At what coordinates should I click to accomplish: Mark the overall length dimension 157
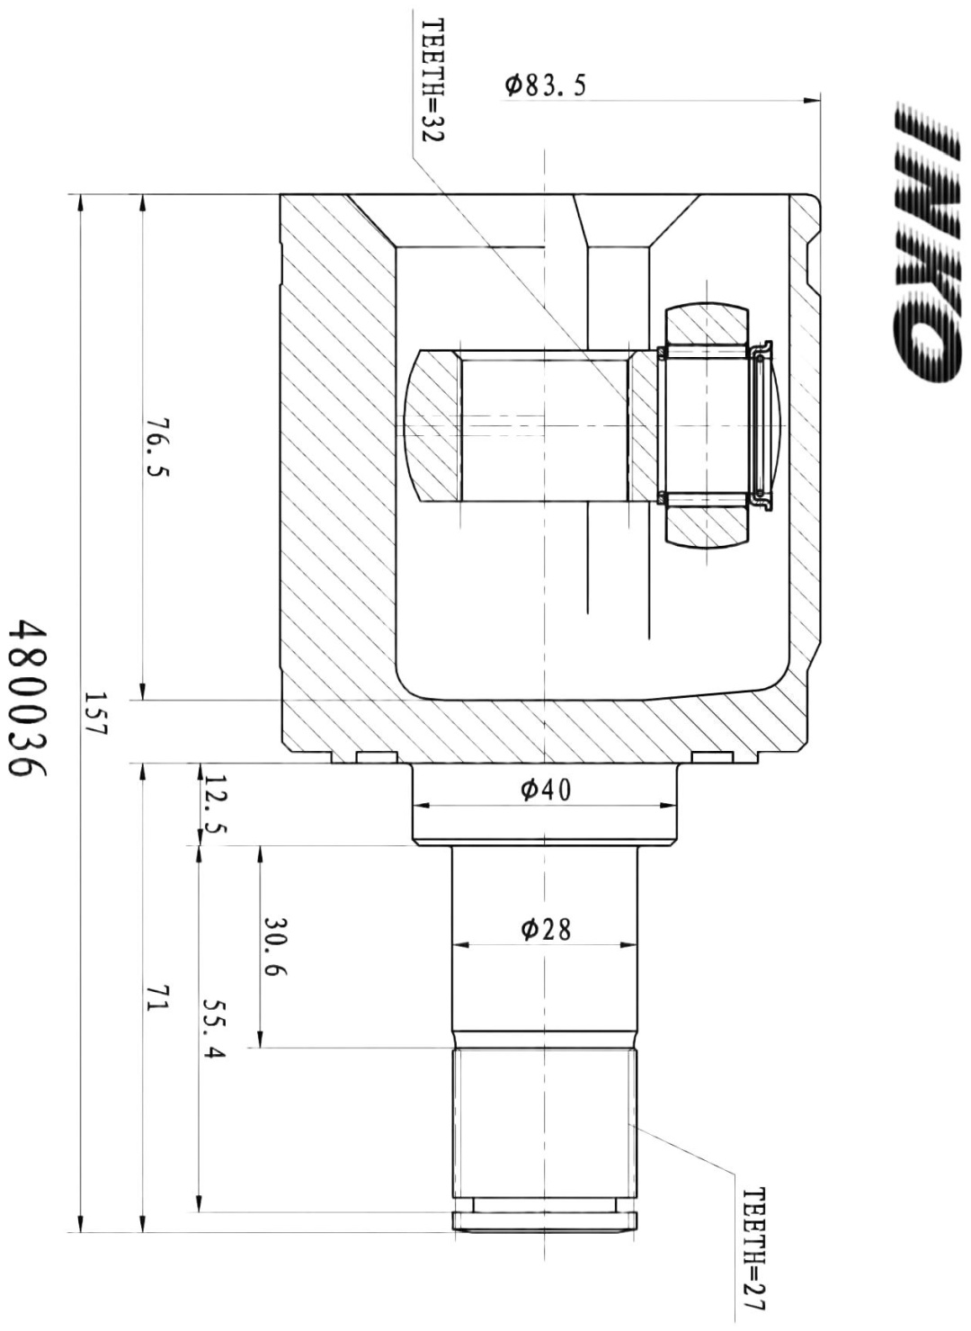[x=94, y=714]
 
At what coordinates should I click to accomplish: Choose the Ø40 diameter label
[x=545, y=789]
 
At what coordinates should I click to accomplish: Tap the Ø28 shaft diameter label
[x=545, y=930]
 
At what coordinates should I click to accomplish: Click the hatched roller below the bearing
[x=706, y=526]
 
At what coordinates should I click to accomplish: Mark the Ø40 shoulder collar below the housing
[x=545, y=803]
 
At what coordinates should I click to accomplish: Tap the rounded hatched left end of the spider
[x=432, y=425]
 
